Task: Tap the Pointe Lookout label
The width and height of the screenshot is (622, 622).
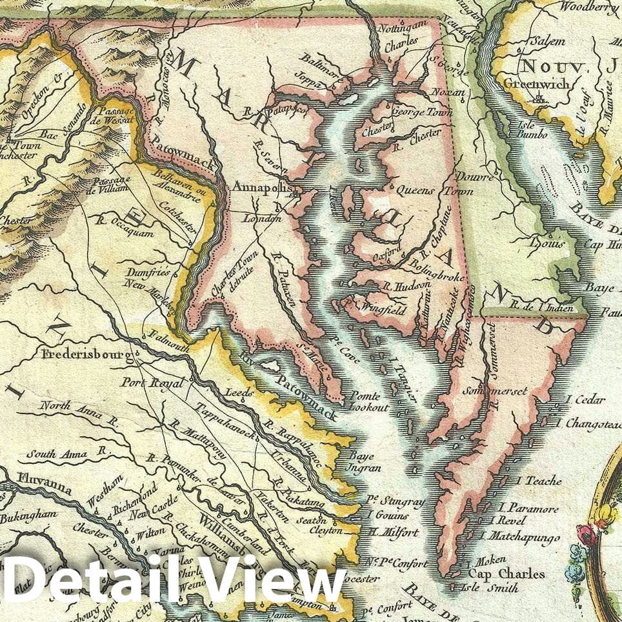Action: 368,401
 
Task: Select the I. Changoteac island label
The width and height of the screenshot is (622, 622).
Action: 592,425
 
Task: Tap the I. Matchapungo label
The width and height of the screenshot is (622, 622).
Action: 516,535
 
